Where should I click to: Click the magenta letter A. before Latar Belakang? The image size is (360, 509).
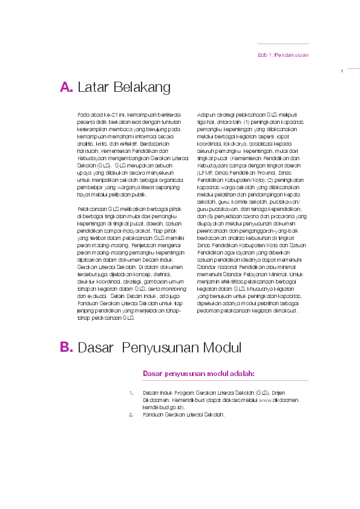pos(66,88)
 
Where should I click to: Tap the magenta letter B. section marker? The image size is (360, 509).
pos(66,348)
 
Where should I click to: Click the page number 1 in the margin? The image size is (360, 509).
pos(342,72)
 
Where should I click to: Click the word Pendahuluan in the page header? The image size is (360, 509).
pos(292,55)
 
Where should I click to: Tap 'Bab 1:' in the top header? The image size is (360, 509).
pos(265,55)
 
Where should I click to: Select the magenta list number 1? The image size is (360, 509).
pos(131,393)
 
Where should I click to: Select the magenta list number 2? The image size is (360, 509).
pos(131,415)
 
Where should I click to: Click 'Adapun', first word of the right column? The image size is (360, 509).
pos(206,114)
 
